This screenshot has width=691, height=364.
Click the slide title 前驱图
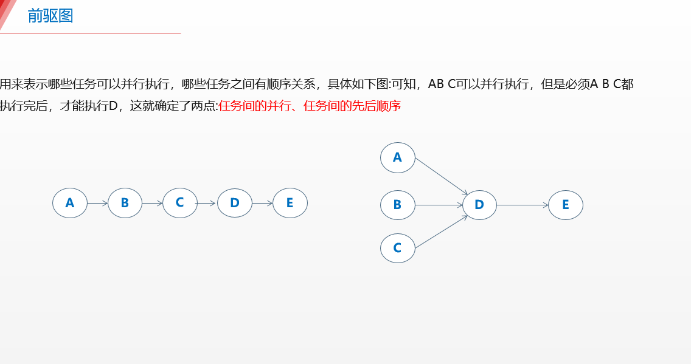click(50, 16)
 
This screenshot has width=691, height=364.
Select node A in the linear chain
click(70, 203)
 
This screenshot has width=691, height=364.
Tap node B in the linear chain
click(125, 203)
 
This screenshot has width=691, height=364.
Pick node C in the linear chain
click(180, 203)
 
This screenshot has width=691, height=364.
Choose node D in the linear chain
click(235, 203)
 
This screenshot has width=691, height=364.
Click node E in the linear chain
click(290, 203)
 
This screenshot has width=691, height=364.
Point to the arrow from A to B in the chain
click(97, 203)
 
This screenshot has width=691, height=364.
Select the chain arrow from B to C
click(152, 203)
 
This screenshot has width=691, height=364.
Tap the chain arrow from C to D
click(207, 203)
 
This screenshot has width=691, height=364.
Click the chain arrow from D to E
click(262, 203)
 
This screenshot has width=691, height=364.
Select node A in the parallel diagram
click(398, 158)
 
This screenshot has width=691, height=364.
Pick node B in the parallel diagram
click(398, 205)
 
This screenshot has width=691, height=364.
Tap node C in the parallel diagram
click(398, 248)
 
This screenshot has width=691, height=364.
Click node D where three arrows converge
click(479, 205)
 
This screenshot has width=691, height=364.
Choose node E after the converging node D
click(566, 205)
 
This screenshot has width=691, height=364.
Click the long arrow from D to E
click(523, 205)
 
